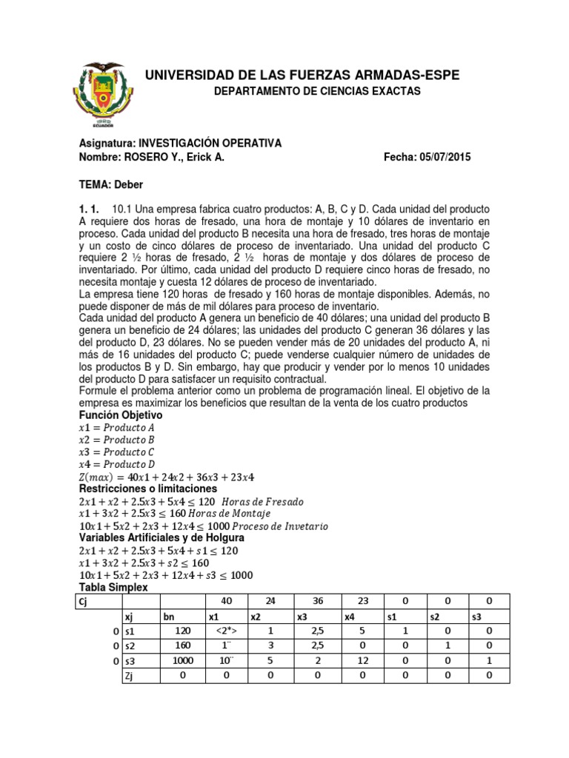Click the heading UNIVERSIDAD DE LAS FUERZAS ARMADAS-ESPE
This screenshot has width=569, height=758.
pyautogui.click(x=301, y=75)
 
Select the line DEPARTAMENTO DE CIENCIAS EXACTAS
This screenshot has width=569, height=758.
pyautogui.click(x=316, y=91)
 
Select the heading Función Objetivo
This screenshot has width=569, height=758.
pyautogui.click(x=120, y=416)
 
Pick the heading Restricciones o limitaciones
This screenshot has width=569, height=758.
pyautogui.click(x=148, y=489)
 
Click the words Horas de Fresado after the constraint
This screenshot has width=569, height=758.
pyautogui.click(x=265, y=502)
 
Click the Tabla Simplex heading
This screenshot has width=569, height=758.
pyautogui.click(x=113, y=587)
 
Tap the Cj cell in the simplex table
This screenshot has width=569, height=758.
pyautogui.click(x=84, y=600)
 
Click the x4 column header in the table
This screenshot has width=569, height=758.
pyautogui.click(x=350, y=617)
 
